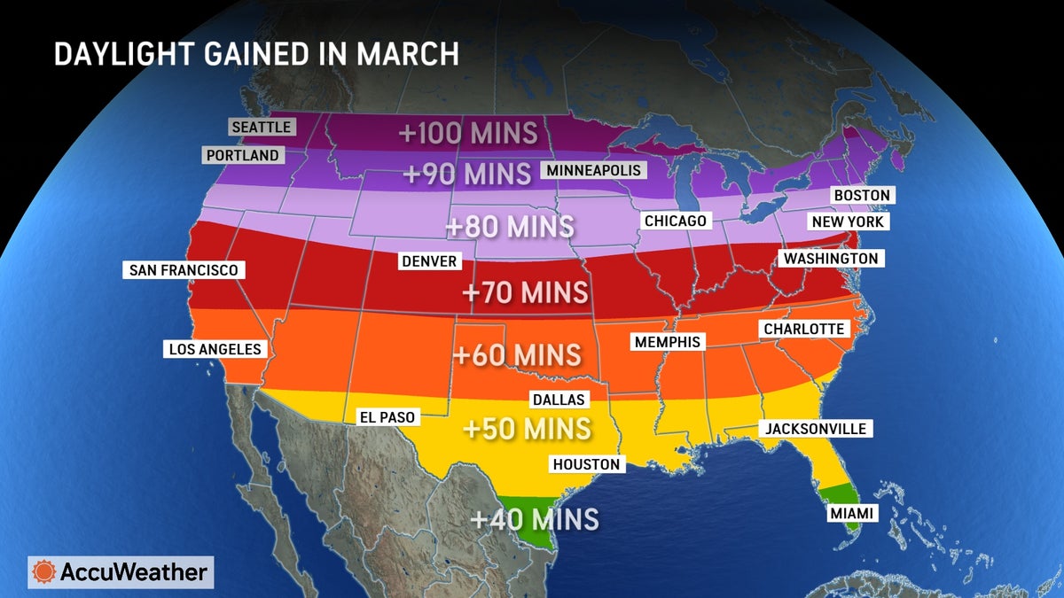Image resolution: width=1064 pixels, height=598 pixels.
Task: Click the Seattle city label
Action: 261,127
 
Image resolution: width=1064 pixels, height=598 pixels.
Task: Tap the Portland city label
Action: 242,156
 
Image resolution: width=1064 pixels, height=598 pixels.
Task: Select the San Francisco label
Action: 184,269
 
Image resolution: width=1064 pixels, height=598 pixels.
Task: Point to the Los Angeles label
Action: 215,349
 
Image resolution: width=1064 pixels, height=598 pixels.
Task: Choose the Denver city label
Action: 429,261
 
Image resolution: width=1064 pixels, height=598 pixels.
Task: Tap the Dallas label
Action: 558,400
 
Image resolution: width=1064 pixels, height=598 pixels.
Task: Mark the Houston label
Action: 586,463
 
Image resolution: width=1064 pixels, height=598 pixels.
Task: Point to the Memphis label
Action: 666,341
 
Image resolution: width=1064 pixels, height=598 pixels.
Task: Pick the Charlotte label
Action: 805,329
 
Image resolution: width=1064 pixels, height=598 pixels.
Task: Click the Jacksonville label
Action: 815,429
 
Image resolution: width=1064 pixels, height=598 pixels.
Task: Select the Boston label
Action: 861,195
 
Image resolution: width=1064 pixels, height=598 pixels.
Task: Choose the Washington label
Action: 830,259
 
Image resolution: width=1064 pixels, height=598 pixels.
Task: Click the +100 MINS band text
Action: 467,133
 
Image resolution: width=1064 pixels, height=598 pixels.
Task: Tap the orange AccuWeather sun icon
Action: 43,572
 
